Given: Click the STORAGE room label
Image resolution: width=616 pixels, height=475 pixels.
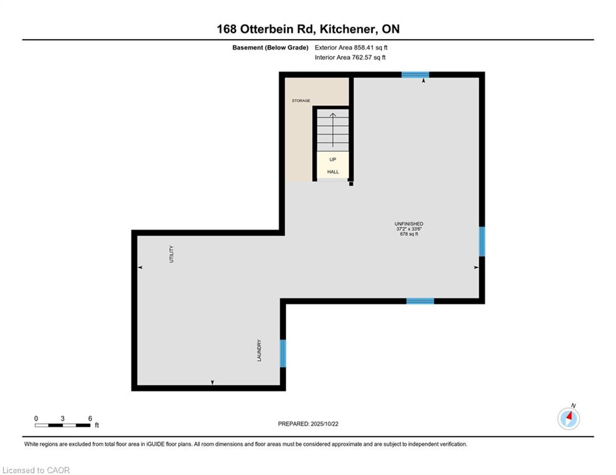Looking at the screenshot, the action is [301, 101].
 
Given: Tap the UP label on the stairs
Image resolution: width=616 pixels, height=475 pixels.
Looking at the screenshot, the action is [332, 160].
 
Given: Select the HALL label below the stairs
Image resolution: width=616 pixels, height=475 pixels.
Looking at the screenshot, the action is [332, 172].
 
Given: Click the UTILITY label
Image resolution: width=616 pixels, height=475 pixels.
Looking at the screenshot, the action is [171, 254].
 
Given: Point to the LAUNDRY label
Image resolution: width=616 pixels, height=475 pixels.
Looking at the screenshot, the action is [259, 350].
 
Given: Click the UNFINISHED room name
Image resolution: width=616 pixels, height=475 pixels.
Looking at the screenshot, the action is [409, 224].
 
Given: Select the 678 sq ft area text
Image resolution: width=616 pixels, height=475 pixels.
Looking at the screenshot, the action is [409, 234].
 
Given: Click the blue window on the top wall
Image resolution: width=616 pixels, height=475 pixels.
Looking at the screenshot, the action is [415, 75].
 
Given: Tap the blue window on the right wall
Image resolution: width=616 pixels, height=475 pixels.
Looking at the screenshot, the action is [482, 241].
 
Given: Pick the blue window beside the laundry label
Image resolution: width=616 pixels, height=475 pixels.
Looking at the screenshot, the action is [283, 353].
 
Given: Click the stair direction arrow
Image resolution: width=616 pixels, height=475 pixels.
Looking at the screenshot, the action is [332, 130].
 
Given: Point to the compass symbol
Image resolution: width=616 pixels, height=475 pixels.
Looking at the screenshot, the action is [568, 419].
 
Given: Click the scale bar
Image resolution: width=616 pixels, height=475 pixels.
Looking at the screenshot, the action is [63, 425].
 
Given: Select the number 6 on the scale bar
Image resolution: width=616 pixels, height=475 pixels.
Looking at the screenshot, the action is [90, 419].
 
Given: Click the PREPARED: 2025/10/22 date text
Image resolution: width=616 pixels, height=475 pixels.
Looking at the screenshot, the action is [308, 424].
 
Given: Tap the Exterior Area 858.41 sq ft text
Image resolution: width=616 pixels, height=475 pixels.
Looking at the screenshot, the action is [351, 48].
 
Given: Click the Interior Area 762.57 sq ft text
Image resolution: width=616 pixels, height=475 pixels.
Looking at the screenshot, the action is [350, 58].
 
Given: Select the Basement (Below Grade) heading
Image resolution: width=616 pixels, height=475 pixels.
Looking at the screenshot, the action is [271, 48].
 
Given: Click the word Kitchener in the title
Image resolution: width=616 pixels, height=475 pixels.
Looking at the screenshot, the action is [347, 29].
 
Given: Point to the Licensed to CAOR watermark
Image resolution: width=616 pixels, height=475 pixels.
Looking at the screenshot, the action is [36, 470].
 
